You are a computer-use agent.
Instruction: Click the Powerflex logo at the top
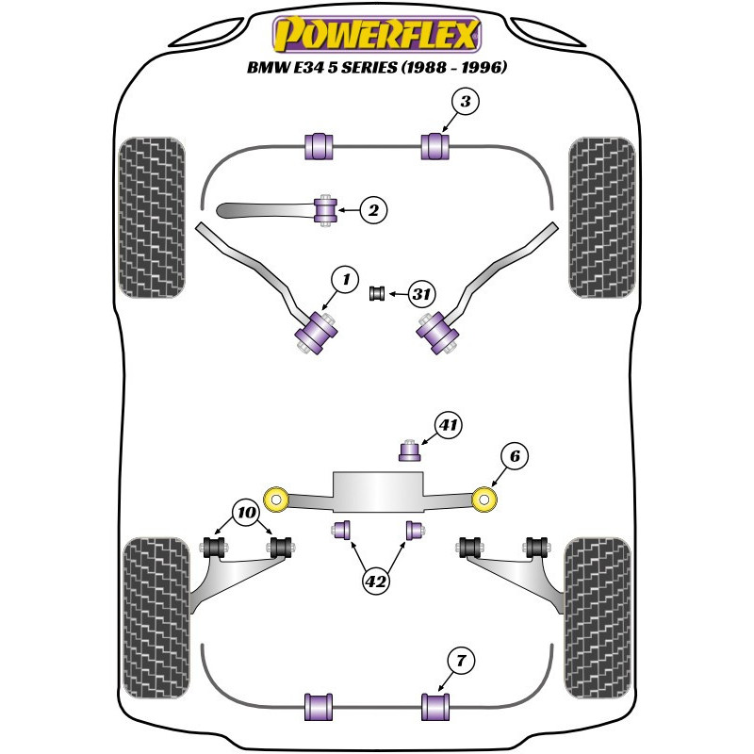377,35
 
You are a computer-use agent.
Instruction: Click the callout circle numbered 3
465,101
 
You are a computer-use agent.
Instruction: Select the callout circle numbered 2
374,211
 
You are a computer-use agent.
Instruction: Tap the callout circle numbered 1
345,278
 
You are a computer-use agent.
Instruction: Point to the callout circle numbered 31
421,295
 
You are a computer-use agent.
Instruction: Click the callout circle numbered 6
515,457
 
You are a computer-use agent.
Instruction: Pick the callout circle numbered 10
246,514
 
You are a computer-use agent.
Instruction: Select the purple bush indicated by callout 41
409,451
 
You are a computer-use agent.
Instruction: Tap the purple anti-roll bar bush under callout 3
435,146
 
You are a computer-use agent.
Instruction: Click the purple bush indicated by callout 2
327,209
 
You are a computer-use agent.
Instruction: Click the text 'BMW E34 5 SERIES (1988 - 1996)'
377,68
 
